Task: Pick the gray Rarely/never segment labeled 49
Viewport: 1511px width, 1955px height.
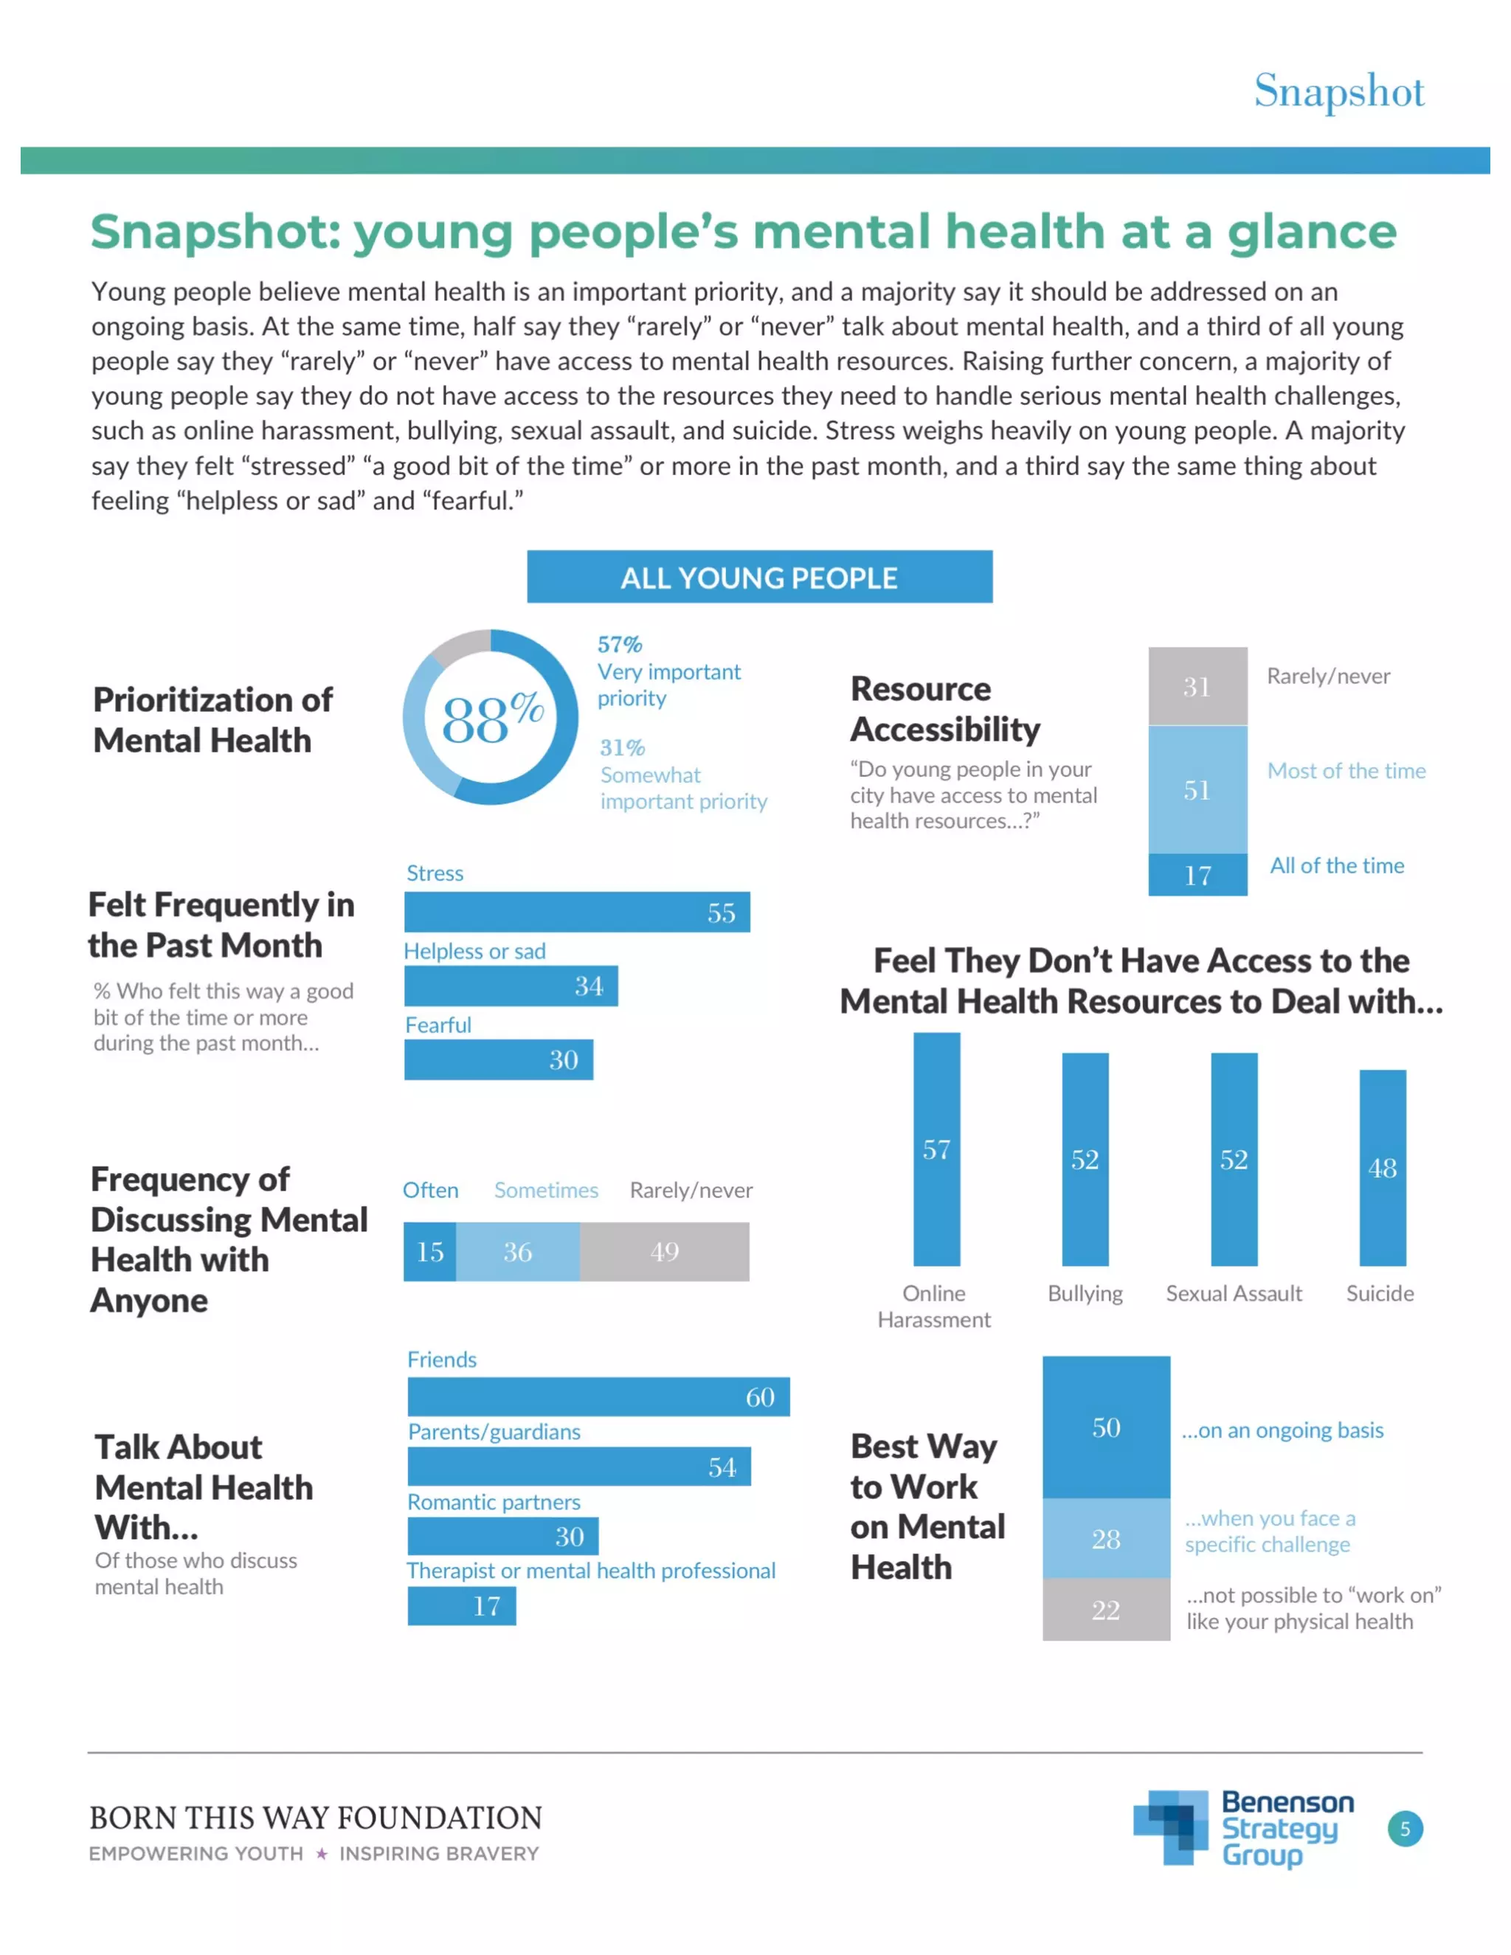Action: click(x=664, y=1251)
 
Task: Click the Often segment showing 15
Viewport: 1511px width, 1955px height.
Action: click(x=429, y=1251)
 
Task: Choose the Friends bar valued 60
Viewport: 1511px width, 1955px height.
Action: click(x=598, y=1397)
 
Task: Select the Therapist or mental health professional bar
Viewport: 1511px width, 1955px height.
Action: click(x=461, y=1606)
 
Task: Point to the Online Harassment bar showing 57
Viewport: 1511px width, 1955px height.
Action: click(x=936, y=1149)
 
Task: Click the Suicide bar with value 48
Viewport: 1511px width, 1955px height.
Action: click(x=1382, y=1167)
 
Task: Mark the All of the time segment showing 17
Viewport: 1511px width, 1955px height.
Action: click(x=1197, y=874)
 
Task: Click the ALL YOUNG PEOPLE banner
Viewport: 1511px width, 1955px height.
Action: click(x=759, y=578)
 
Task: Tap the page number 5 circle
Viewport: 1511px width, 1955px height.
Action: click(x=1405, y=1829)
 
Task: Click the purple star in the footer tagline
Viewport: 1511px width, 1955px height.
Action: click(x=322, y=1854)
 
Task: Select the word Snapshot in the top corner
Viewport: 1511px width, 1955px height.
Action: click(x=1338, y=91)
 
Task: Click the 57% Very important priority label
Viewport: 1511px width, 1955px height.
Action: click(x=668, y=671)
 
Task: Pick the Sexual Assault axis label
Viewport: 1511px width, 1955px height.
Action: click(x=1234, y=1293)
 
